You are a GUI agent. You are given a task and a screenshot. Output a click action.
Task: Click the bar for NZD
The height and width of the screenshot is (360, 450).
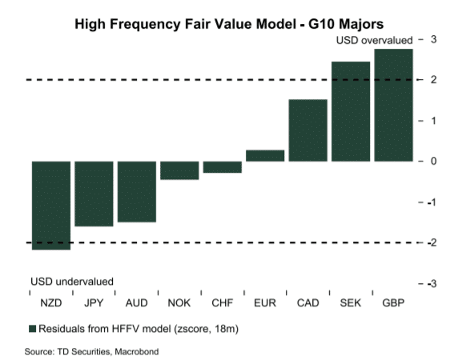[x=50, y=205]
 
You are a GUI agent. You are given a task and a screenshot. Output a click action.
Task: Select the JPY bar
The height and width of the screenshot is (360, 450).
[x=94, y=194]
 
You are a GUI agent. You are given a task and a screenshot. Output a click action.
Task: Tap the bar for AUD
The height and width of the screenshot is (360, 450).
[x=136, y=191]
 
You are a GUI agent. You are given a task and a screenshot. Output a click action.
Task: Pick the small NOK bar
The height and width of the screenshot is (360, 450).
[x=179, y=170]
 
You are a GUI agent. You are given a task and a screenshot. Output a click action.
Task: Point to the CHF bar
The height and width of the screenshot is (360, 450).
[x=222, y=166]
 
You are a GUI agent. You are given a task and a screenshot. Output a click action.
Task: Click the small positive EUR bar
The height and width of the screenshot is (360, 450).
[x=264, y=155]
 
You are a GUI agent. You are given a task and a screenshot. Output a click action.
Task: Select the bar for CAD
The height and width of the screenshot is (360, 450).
[x=307, y=130]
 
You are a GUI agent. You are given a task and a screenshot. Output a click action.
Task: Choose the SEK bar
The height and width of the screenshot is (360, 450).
[x=350, y=111]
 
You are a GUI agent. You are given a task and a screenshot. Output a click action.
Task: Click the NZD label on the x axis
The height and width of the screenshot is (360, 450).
[x=50, y=303]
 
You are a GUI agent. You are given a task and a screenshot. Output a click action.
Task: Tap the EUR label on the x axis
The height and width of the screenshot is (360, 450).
[x=264, y=303]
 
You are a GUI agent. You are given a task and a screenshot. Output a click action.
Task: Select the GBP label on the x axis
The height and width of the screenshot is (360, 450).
[x=393, y=303]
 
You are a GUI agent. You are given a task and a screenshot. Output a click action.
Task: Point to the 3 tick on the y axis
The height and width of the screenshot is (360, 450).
[x=433, y=39]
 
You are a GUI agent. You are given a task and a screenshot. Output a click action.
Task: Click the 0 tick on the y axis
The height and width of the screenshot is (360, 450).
[x=433, y=161]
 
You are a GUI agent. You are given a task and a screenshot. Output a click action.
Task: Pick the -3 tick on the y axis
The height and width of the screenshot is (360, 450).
[x=432, y=283]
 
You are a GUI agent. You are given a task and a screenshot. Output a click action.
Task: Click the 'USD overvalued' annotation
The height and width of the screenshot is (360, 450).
[x=373, y=40]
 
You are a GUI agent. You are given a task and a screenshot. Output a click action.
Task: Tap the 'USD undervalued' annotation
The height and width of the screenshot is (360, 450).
[x=72, y=282]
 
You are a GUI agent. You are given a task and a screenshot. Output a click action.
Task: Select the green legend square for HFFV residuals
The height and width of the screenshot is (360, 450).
[x=33, y=329]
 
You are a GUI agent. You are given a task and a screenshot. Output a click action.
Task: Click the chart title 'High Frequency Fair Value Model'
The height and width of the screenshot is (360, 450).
[x=223, y=23]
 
